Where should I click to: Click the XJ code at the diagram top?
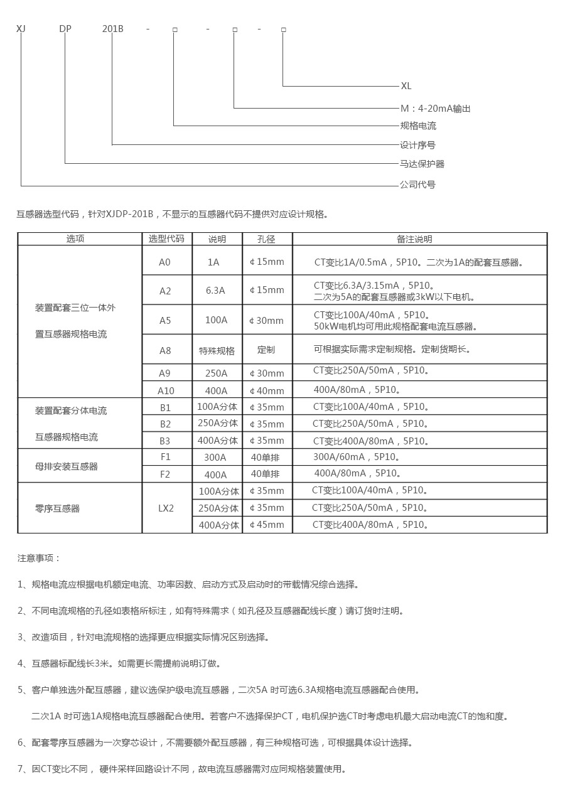pyautogui.click(x=21, y=29)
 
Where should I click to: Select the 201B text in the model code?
pyautogui.click(x=113, y=29)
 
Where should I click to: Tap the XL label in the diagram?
pyautogui.click(x=406, y=86)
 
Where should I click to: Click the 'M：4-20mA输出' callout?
pyautogui.click(x=435, y=109)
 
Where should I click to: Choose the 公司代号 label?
pyautogui.click(x=417, y=185)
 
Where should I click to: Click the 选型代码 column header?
pyautogui.click(x=166, y=239)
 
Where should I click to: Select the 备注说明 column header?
pyautogui.click(x=414, y=239)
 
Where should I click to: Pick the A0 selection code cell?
pyautogui.click(x=164, y=262)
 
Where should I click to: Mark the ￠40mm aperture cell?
pyautogui.click(x=267, y=390)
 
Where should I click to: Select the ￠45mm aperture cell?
pyautogui.click(x=267, y=525)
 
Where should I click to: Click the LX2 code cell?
pyautogui.click(x=166, y=508)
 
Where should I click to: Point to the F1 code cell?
pyautogui.click(x=165, y=457)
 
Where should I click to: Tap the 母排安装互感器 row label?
pyautogui.click(x=67, y=466)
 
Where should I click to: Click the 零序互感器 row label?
pyautogui.click(x=58, y=508)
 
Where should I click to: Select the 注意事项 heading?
pyautogui.click(x=40, y=557)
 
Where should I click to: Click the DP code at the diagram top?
pyautogui.click(x=65, y=29)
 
